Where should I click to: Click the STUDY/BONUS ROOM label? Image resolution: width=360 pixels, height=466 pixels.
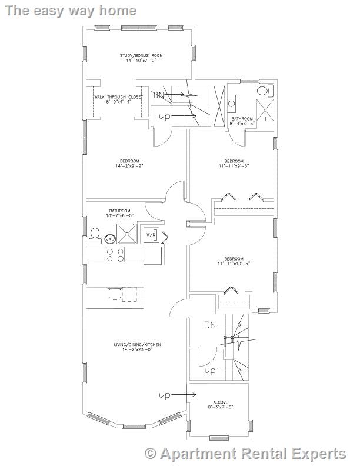point(141,55)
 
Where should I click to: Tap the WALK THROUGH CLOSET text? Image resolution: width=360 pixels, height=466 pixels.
point(118,96)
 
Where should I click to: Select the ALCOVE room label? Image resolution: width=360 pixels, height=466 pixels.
point(220,402)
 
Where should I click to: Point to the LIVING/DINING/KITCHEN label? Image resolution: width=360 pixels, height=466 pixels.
point(138,345)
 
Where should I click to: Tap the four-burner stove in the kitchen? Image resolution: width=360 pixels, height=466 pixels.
point(115,255)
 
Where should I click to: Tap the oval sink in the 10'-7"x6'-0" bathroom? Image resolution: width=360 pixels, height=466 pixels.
point(110,238)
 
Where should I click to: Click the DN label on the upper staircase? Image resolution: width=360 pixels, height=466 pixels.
point(158,94)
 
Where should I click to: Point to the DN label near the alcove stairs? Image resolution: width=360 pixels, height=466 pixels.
point(211,325)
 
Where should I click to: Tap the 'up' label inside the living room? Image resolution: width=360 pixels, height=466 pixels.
point(165,395)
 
